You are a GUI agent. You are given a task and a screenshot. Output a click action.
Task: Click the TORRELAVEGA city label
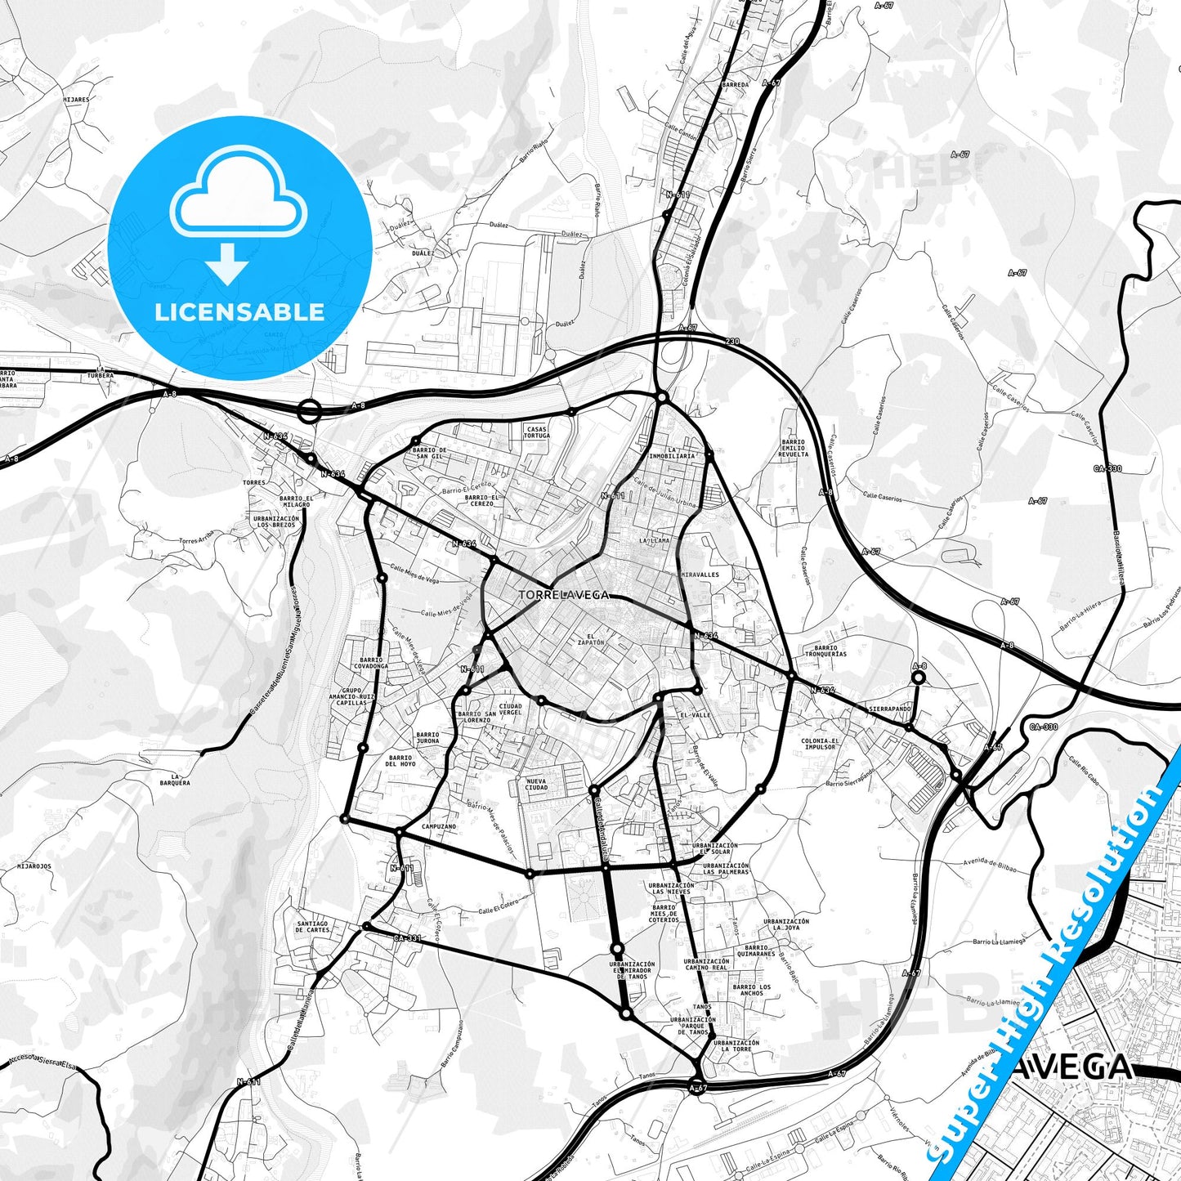pos(564,595)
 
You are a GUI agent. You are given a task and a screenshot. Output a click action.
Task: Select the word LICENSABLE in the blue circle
pos(239,311)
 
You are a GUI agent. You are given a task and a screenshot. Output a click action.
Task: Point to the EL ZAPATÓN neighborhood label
pos(591,639)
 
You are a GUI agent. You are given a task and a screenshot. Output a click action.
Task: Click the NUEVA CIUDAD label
pos(536,785)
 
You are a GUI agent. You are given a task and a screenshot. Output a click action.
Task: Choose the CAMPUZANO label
pos(439,826)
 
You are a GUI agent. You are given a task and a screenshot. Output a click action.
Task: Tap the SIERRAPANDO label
pos(889,709)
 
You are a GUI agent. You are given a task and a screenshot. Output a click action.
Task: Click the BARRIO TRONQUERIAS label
pos(825,651)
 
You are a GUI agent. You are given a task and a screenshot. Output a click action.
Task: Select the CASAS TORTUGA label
pos(537,432)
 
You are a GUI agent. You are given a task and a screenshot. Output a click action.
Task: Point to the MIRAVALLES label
pos(700,575)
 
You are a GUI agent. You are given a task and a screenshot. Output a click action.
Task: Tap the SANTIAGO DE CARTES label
pos(313,927)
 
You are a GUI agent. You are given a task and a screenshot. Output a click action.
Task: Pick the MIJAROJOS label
pos(34,866)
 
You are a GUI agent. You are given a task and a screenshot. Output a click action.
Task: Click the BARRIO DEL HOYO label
pos(400,761)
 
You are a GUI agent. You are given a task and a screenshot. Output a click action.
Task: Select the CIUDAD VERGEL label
pos(510,709)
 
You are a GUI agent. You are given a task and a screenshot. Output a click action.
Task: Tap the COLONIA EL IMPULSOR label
pos(819,744)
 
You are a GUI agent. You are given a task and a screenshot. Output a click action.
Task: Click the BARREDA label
pos(735,84)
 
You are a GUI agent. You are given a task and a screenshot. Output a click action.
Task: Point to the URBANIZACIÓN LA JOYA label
pos(786,924)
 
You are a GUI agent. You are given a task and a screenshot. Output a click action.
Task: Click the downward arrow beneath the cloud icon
pos(228,263)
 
